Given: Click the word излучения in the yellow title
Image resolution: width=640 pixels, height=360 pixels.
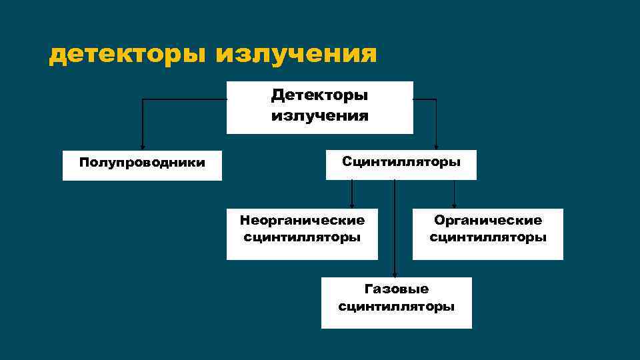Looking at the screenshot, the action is point(296,54).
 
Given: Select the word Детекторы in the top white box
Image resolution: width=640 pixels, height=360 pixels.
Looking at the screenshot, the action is point(319,95).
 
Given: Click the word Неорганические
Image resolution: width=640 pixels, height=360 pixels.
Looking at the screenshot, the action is point(302,220).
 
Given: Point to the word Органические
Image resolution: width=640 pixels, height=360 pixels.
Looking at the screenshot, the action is point(488,220).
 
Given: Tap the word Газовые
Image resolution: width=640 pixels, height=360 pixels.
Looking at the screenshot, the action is point(397,289).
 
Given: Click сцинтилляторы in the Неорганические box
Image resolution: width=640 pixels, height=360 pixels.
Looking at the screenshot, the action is point(302,237).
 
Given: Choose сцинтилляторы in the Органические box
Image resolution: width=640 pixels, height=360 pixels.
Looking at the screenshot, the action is point(488,237).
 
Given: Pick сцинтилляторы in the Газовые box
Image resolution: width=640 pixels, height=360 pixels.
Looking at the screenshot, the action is point(397,307).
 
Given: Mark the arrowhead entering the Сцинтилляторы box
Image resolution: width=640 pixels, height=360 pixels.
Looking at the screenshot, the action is point(436,147).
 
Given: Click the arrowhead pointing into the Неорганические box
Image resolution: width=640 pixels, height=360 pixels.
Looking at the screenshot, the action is point(352,206).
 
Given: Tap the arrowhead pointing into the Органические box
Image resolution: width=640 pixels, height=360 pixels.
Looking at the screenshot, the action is point(455,206).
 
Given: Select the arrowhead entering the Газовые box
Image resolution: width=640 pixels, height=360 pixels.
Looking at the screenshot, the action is point(395,274).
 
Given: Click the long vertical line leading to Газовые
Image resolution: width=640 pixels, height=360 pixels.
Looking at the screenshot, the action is point(395,227).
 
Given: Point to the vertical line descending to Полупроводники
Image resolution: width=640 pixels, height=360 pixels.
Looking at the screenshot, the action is point(142,123).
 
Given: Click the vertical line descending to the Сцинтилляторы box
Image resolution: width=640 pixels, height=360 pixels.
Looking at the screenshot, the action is point(436,123).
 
